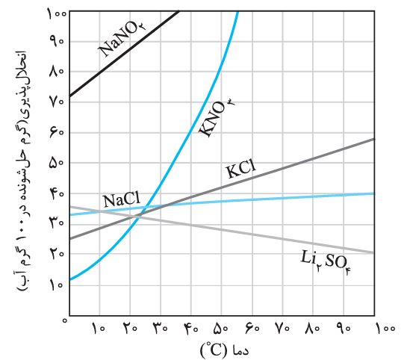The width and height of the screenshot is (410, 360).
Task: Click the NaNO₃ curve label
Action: pyautogui.click(x=122, y=39)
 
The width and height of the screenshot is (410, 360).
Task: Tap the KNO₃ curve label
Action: pyautogui.click(x=216, y=117)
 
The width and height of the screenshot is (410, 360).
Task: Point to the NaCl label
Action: pyautogui.click(x=122, y=200)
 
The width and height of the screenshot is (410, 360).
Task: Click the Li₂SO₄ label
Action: pyautogui.click(x=326, y=260)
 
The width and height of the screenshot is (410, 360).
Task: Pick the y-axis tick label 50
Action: pyautogui.click(x=58, y=163)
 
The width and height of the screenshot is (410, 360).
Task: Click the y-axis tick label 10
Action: pyautogui.click(x=58, y=285)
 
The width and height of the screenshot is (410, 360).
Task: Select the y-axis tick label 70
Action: pyautogui.click(x=58, y=102)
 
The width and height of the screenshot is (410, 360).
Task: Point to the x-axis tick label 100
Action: pyautogui.click(x=385, y=328)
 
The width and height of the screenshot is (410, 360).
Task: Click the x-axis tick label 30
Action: pyautogui.click(x=161, y=328)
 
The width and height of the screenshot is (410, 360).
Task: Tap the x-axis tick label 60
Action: pyautogui.click(x=252, y=328)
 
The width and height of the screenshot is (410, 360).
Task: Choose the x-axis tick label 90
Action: pyautogui.click(x=343, y=328)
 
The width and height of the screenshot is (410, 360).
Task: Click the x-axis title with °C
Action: pyautogui.click(x=225, y=350)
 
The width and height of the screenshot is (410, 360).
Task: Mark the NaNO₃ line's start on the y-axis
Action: pyautogui.click(x=69, y=96)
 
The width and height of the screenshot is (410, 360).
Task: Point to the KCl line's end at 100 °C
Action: pyautogui.click(x=374, y=139)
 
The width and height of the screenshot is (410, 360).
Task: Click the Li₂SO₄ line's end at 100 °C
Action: pyautogui.click(x=374, y=252)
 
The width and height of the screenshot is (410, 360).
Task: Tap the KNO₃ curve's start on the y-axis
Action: pyautogui.click(x=69, y=280)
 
